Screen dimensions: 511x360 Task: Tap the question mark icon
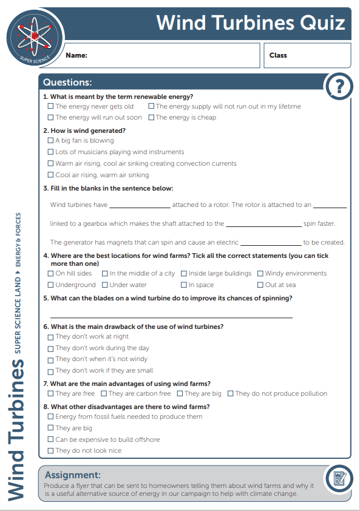click(339, 87)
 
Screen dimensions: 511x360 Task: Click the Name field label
click(76, 55)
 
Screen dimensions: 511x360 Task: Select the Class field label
click(278, 55)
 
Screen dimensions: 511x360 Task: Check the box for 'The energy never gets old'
click(51, 106)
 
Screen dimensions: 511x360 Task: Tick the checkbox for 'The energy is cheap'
click(151, 118)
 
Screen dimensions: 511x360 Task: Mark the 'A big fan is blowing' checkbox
click(51, 140)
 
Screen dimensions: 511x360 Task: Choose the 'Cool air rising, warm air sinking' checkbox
click(51, 175)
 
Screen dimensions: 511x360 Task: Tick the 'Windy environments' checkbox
click(260, 274)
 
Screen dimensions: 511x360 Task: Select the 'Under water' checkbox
click(105, 285)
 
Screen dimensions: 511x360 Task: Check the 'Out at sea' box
click(260, 285)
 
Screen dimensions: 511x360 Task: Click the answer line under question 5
click(171, 316)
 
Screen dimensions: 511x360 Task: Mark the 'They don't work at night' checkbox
click(51, 337)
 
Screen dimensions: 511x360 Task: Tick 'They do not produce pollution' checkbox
click(231, 394)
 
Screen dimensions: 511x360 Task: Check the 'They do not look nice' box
click(51, 451)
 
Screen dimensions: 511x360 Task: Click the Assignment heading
click(72, 475)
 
